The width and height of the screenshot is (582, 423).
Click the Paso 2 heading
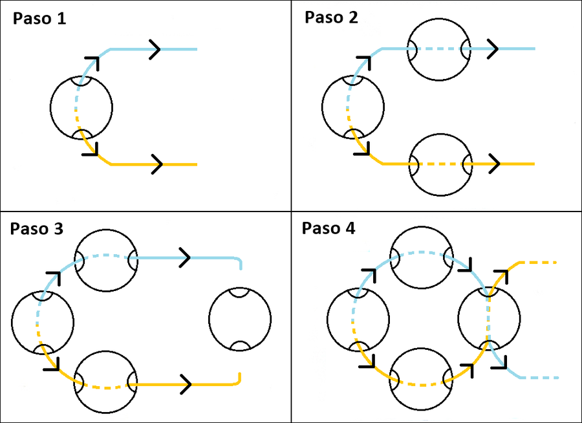click(331, 17)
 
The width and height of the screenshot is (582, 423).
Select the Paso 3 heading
click(36, 229)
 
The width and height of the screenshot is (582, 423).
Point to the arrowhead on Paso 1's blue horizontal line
click(156, 49)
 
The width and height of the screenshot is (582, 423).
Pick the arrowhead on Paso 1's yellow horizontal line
click(156, 164)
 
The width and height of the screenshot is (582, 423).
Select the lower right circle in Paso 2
click(442, 164)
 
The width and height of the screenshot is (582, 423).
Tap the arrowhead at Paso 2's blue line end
click(493, 49)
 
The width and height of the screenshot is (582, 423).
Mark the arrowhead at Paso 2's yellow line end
click(495, 164)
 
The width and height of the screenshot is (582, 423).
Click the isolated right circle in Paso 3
click(240, 320)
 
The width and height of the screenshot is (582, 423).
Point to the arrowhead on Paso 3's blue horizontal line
click(184, 258)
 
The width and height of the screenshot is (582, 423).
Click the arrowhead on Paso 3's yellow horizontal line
click(186, 384)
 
